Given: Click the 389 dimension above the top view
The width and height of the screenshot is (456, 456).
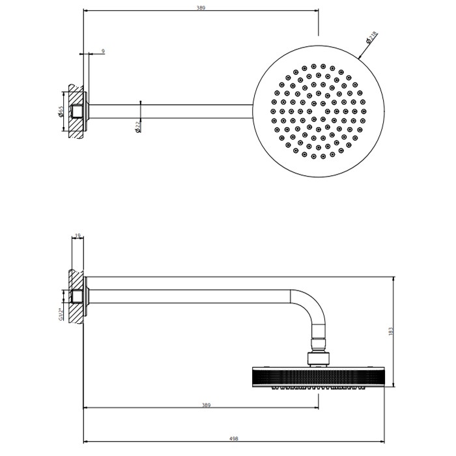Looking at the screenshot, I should point(201,8).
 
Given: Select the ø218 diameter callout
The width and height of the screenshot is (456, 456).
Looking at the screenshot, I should point(371,38).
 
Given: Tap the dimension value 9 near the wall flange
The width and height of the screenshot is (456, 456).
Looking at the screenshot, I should point(103,51).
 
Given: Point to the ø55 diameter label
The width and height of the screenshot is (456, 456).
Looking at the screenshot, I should point(61,111).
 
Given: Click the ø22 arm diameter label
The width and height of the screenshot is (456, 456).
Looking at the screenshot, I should point(138,126).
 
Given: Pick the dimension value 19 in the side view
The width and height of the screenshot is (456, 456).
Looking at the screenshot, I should point(78,236).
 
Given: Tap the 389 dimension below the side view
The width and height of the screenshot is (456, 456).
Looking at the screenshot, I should point(206,405).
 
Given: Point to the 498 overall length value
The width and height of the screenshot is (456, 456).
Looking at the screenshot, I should point(234,438).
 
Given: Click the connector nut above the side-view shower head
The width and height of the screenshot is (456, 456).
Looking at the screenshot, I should point(317,355).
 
